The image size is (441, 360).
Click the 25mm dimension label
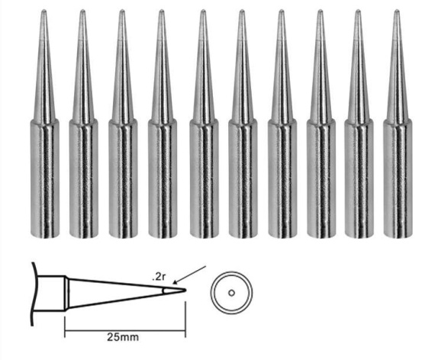tap(123, 336)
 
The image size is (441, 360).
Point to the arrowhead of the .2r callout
tap(175, 282)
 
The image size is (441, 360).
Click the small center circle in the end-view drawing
tap(231, 293)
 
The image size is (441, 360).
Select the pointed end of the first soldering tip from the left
tap(43, 11)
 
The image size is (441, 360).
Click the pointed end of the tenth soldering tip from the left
tap(397, 11)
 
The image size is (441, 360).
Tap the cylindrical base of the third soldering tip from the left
tap(123, 178)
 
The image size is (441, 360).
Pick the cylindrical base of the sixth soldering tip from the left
tap(243, 178)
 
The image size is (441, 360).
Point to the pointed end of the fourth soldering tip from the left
tap(161, 11)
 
